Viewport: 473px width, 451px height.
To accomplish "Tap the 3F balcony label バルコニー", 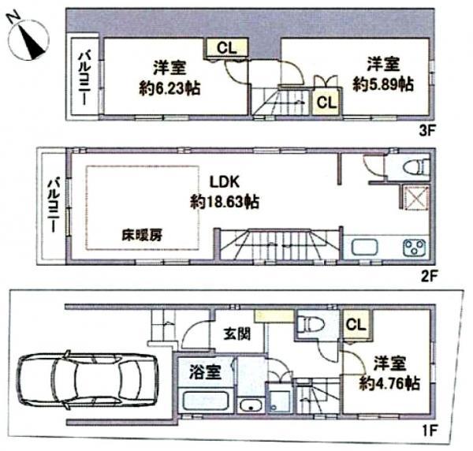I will pos(84,76).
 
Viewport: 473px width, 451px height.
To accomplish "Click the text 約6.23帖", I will pos(169,88).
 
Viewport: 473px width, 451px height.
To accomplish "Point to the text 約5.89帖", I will pos(382,83).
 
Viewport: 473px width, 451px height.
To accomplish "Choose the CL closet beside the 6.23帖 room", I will pos(225,47).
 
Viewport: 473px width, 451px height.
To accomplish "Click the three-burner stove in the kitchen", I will pos(413,248).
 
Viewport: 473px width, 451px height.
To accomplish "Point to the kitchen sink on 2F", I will pos(366,248).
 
